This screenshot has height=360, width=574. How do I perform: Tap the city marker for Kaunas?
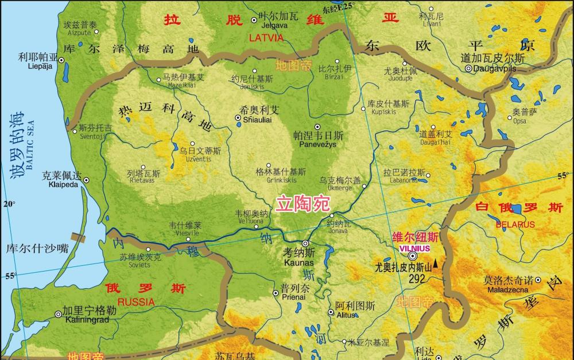[x=305, y=243]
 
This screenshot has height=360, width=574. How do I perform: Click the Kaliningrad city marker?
[x=58, y=314]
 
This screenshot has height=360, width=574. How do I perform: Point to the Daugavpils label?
[x=493, y=68]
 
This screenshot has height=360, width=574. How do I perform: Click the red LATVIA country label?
[x=266, y=37]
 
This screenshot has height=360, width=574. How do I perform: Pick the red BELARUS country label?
[x=515, y=224]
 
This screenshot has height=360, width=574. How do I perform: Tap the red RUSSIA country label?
[x=135, y=301]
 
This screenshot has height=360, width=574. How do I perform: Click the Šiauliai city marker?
[x=238, y=118]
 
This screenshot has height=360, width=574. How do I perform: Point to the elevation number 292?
[x=417, y=278]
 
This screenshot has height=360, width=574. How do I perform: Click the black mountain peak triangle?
[x=436, y=264]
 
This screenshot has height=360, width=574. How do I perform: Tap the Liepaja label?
[x=40, y=66]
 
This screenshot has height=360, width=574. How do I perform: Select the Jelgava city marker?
[x=254, y=20]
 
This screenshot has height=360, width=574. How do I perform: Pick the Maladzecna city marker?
[x=538, y=280]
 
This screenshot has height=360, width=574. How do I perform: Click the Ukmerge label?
[x=340, y=188]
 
